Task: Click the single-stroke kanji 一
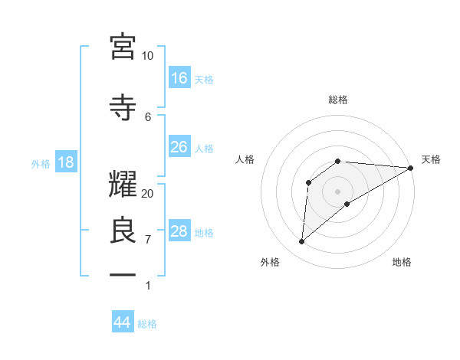[x=123, y=274]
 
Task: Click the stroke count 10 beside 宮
[x=147, y=56]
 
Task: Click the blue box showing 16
[x=179, y=78]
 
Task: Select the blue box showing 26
[x=179, y=147]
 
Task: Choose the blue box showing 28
[x=179, y=231]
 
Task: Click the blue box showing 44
[x=122, y=322]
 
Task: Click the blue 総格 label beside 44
[x=147, y=324]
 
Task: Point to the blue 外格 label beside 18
[x=41, y=163]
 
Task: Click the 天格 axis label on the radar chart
[x=431, y=159]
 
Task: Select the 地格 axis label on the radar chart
[x=402, y=262]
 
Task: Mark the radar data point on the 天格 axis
[x=411, y=168]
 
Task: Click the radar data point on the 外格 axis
[x=301, y=242]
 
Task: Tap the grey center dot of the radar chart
[x=337, y=191]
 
